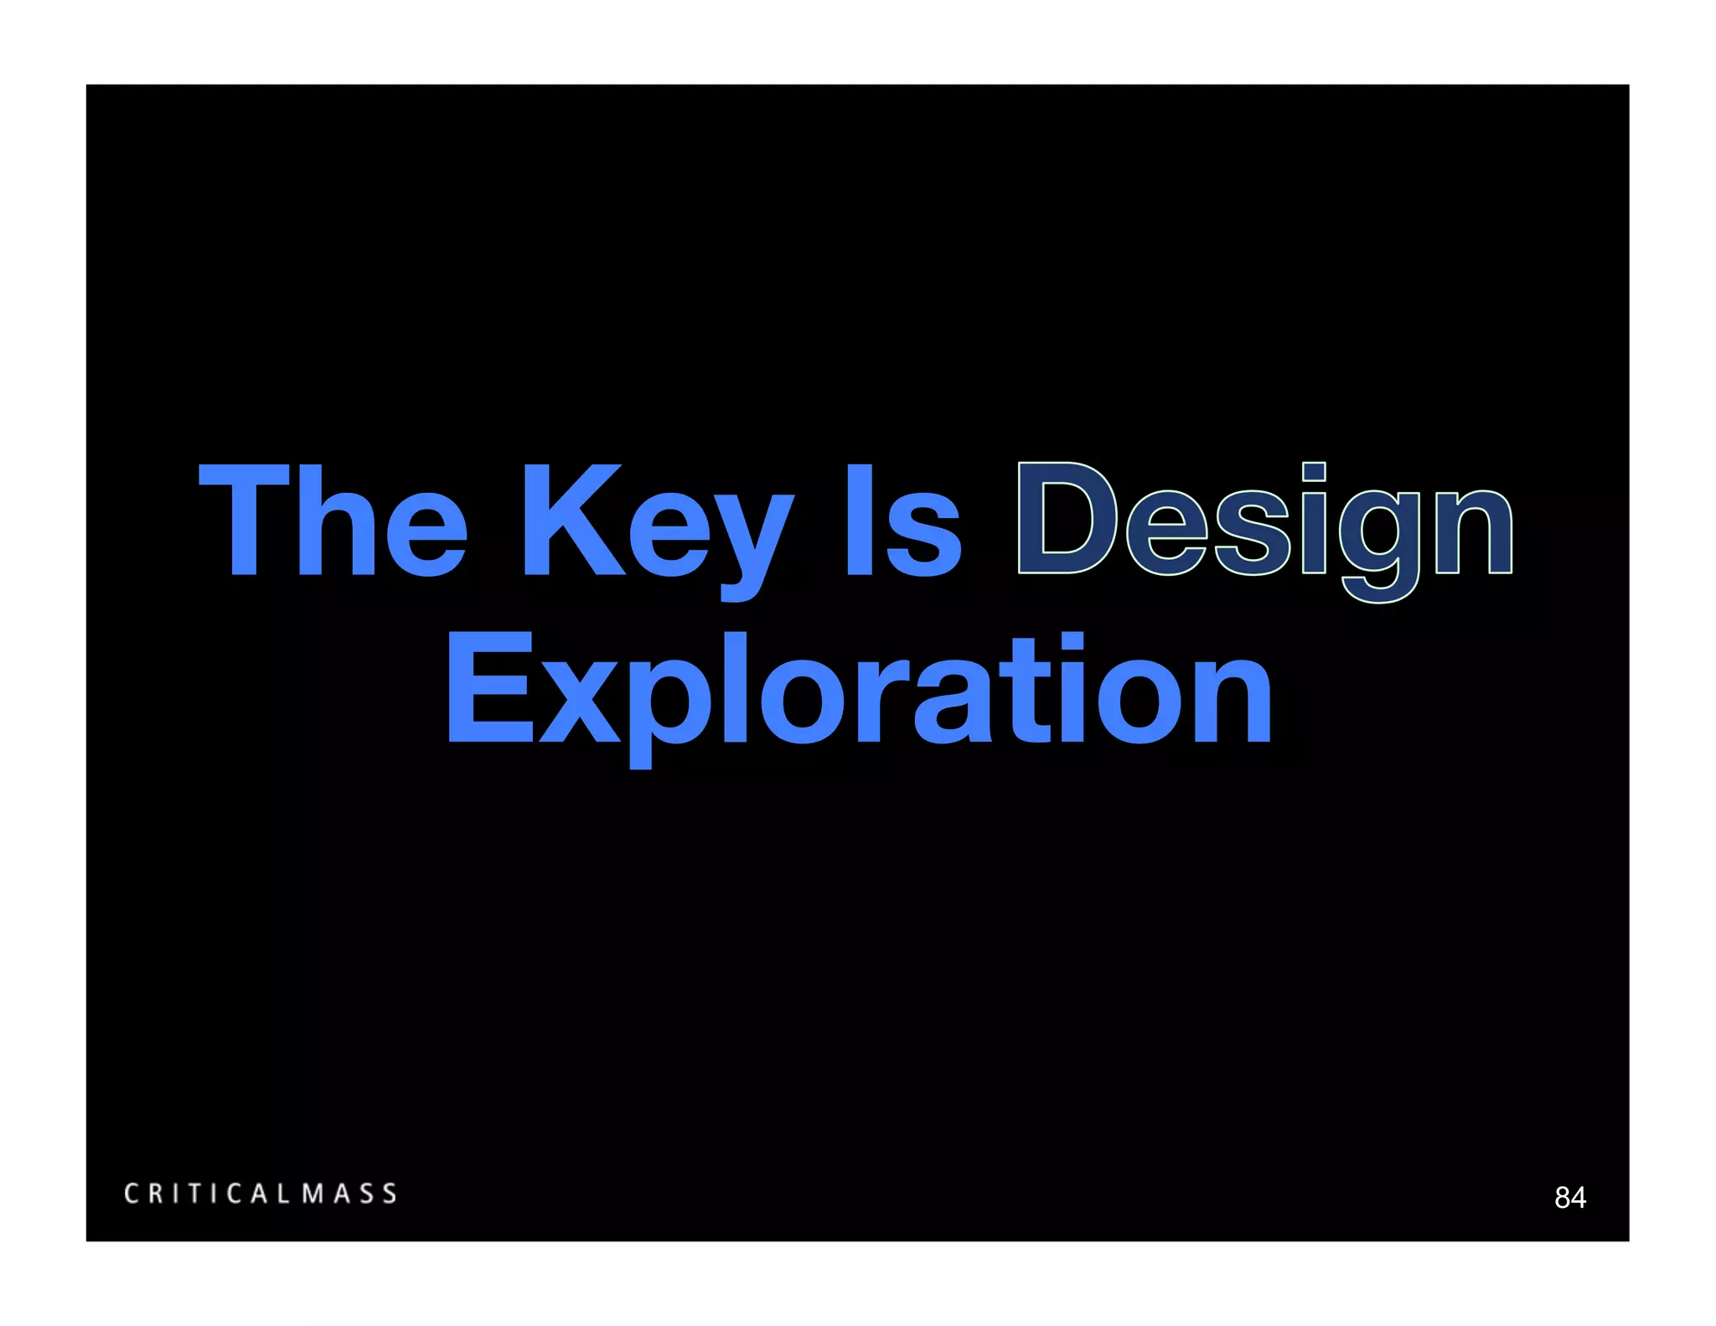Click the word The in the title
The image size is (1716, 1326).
[333, 521]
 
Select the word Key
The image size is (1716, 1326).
[658, 528]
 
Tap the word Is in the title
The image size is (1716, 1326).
[903, 521]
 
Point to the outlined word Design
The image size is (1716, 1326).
[1265, 528]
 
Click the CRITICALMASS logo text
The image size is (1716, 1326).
[261, 1194]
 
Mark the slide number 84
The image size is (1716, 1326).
[1569, 1198]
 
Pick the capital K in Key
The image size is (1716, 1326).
[573, 520]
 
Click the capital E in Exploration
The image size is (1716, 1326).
[490, 689]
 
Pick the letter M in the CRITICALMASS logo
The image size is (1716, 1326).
[313, 1194]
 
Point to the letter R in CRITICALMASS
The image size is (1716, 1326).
[157, 1194]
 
